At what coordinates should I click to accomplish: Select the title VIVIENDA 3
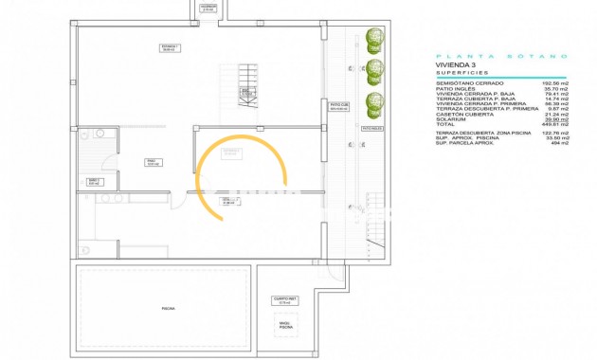460,64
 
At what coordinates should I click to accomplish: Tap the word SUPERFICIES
461,72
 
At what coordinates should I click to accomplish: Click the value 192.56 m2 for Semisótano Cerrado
551,83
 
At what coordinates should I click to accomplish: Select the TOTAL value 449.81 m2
551,124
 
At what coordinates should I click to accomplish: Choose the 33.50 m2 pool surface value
551,135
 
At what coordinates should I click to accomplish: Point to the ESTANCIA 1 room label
170,47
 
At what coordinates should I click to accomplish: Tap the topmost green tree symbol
375,40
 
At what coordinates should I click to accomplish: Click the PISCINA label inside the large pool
168,309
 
